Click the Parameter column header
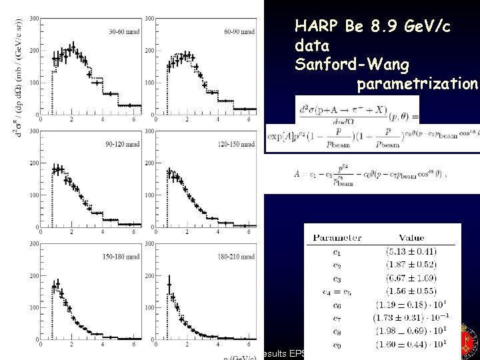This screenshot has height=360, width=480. (x=337, y=237)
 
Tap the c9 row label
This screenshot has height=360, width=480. (x=337, y=346)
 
